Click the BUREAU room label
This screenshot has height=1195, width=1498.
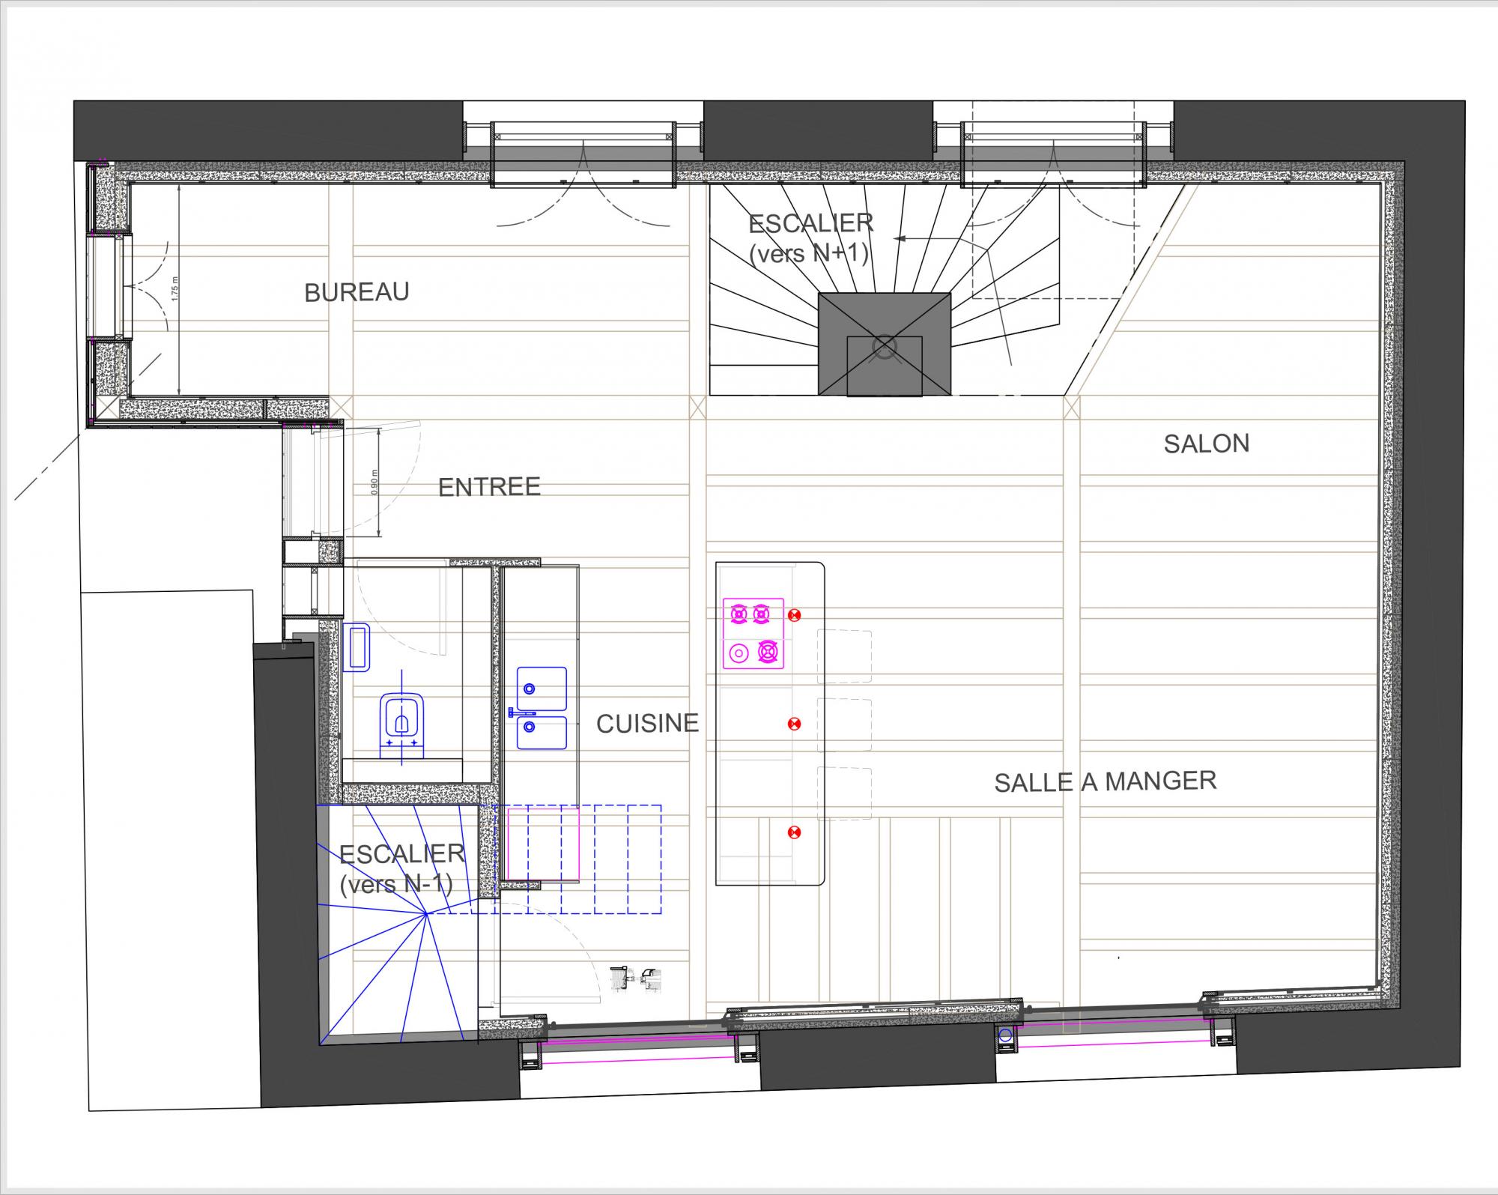click(x=357, y=291)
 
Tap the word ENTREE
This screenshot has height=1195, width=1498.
click(x=489, y=487)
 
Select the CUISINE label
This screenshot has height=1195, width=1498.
click(x=647, y=723)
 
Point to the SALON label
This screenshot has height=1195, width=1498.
click(x=1206, y=444)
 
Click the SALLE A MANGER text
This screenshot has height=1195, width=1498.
click(x=1105, y=781)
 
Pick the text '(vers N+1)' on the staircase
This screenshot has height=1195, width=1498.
click(x=809, y=253)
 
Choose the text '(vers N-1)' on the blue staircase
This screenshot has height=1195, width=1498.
click(x=396, y=885)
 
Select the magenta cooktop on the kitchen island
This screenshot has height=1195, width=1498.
click(x=753, y=633)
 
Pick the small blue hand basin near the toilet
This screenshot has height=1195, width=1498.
click(x=357, y=647)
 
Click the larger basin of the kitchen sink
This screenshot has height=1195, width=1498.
click(x=542, y=688)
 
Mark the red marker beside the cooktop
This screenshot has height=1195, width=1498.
click(x=795, y=615)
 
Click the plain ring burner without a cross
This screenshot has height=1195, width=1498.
click(x=739, y=653)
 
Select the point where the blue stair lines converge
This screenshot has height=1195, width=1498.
click(x=427, y=913)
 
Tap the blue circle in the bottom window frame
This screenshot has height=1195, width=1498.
click(x=1005, y=1035)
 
